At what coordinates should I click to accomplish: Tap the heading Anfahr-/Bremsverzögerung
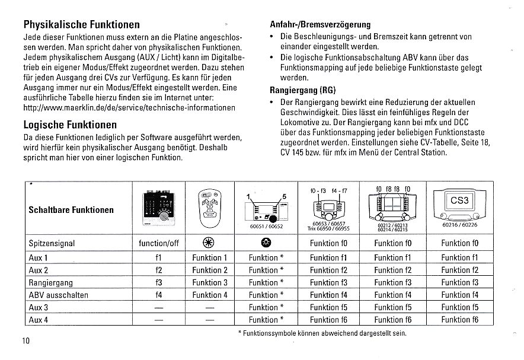tap(320, 25)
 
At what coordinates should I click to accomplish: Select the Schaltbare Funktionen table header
tap(71, 210)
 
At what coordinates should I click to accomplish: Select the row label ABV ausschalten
tap(58, 295)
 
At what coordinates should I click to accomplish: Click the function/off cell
tap(158, 244)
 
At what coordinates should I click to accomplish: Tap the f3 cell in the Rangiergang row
tap(158, 282)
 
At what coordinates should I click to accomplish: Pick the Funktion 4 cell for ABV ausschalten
tap(209, 295)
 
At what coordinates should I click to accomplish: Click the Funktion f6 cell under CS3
tap(459, 320)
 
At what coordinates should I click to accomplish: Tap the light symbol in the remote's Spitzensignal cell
tap(209, 244)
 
